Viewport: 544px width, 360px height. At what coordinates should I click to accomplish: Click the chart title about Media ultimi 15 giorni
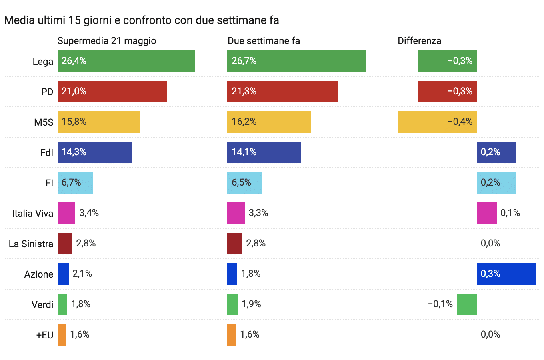(x=141, y=20)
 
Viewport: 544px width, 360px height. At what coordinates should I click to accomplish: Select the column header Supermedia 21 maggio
(x=107, y=41)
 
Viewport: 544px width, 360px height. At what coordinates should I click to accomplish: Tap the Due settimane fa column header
(x=264, y=41)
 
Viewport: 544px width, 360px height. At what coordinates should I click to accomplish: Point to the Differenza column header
(x=419, y=41)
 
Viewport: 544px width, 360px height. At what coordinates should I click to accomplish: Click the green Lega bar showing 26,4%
(x=126, y=61)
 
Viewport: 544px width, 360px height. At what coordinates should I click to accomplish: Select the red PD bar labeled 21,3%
(x=282, y=92)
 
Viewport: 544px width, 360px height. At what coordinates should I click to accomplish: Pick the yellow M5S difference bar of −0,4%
(x=437, y=122)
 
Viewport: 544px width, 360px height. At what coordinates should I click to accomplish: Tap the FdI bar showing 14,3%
(x=94, y=152)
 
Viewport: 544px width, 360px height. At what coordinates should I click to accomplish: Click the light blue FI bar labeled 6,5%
(x=244, y=183)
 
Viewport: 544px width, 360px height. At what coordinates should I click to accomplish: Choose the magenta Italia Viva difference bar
(x=486, y=213)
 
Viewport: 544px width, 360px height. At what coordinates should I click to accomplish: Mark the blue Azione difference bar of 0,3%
(x=506, y=274)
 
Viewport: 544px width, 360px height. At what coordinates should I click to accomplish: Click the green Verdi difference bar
(x=466, y=304)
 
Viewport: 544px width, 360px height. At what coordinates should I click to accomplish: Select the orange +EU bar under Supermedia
(x=62, y=335)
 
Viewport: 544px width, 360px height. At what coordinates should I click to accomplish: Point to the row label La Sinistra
(x=31, y=244)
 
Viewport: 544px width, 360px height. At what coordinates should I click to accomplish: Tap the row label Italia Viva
(x=32, y=213)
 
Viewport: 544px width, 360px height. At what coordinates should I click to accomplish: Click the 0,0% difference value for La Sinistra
(x=490, y=243)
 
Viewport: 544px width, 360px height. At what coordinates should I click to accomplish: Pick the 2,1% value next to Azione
(x=82, y=274)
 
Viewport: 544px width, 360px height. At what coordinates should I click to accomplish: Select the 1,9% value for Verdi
(x=251, y=304)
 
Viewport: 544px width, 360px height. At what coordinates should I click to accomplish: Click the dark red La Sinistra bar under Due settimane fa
(x=234, y=244)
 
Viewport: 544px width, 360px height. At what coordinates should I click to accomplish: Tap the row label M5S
(x=43, y=122)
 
